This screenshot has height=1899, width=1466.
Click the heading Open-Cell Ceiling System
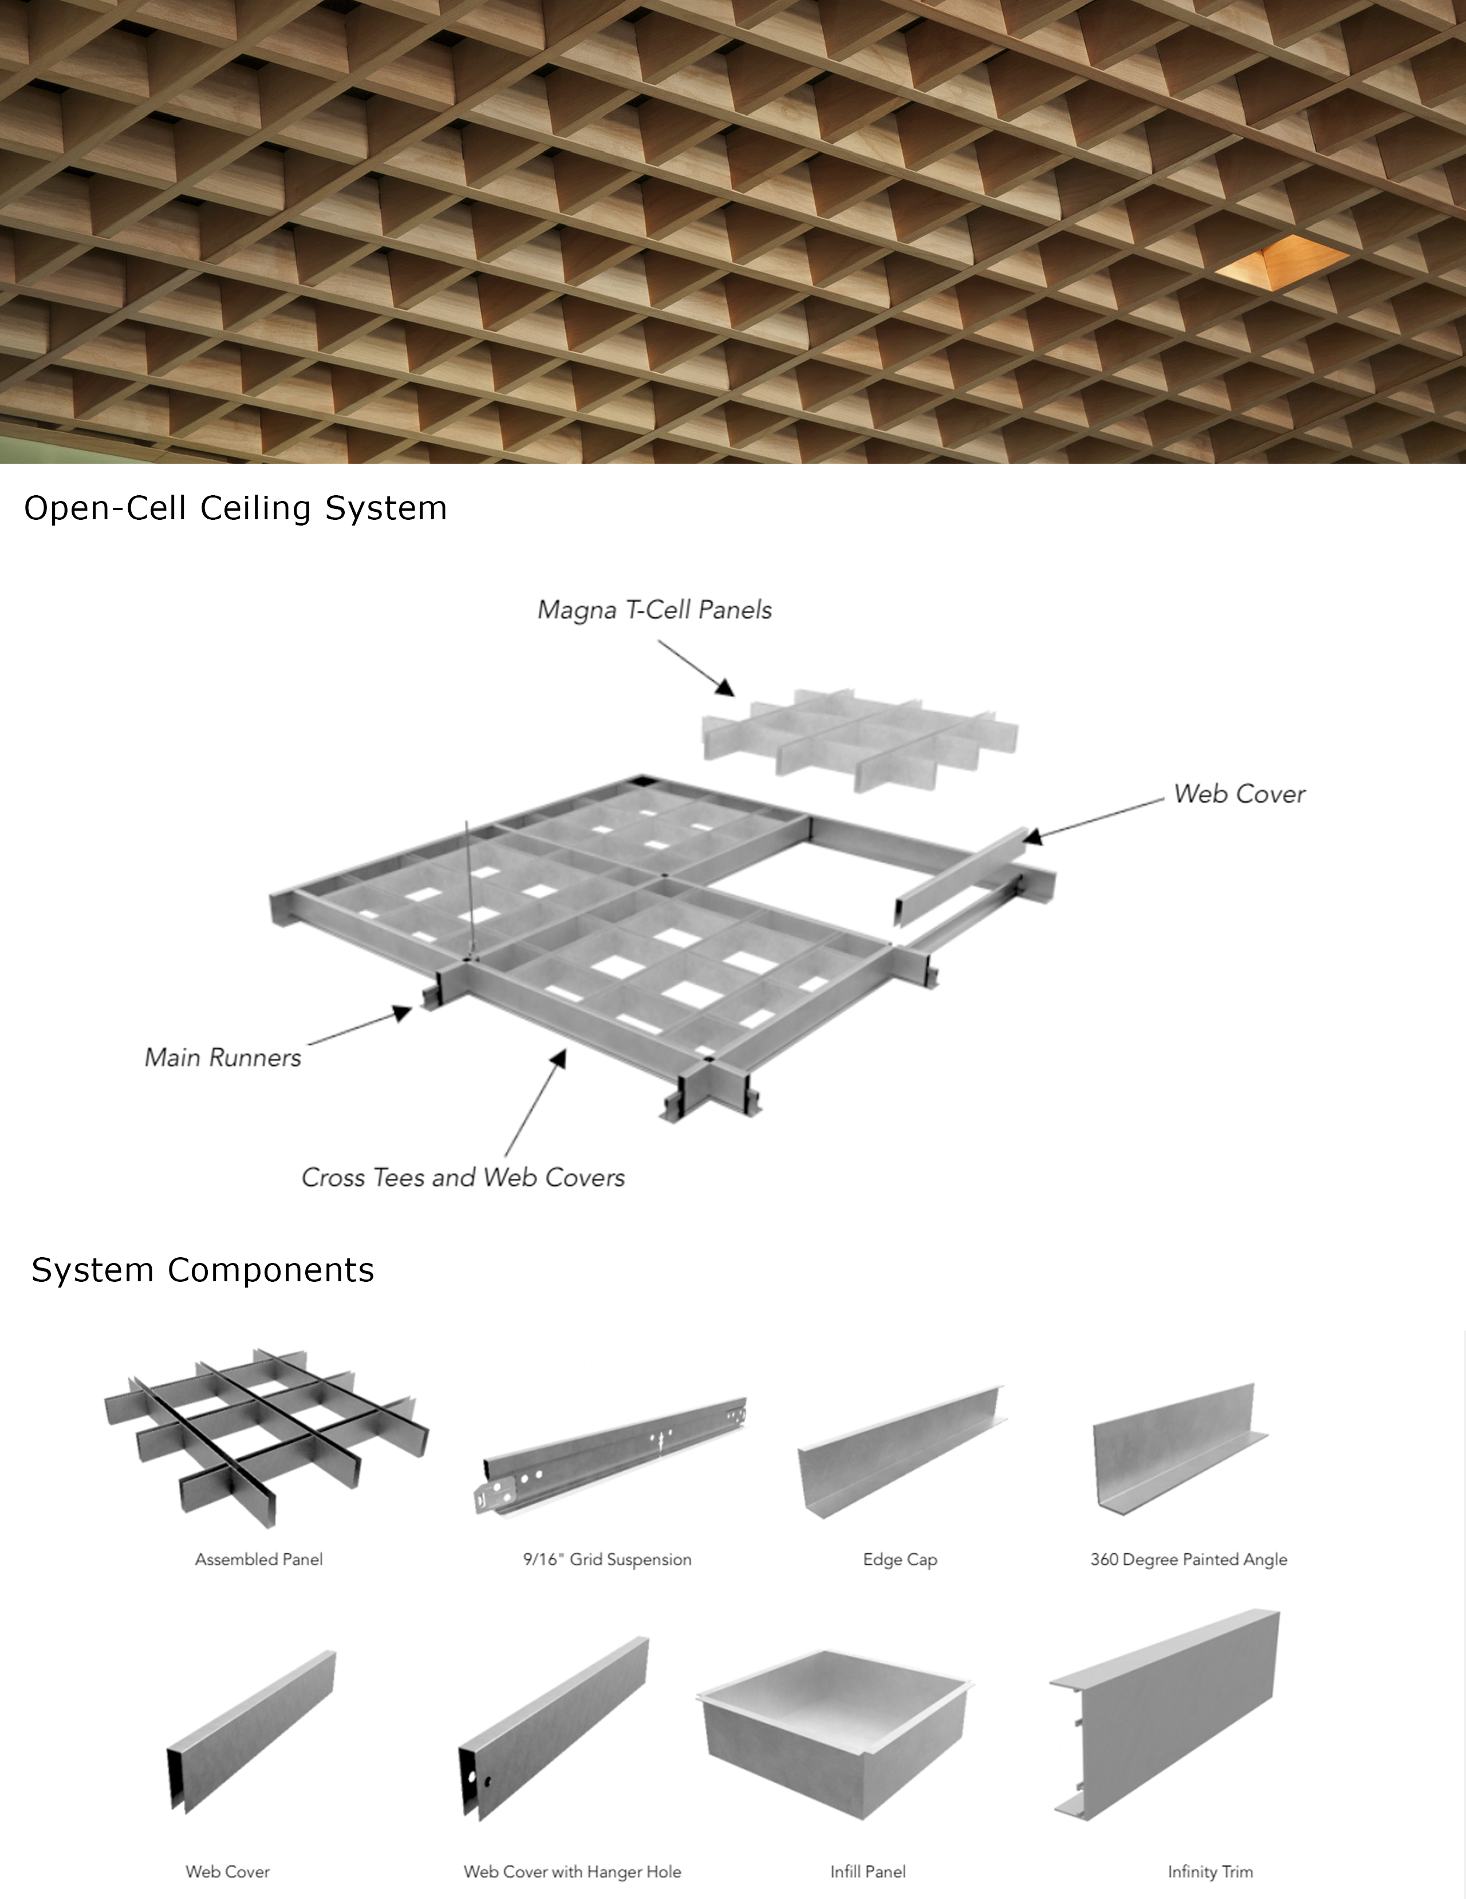pos(235,508)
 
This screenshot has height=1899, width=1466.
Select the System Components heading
pos(203,1270)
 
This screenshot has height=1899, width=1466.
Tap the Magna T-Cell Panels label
pos(655,610)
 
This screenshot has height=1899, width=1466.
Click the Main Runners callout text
pos(223,1058)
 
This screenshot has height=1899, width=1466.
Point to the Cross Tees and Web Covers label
pos(463,1177)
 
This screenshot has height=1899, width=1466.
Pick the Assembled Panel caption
pos(259,1559)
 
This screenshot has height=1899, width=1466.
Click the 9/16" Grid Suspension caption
pos(607,1559)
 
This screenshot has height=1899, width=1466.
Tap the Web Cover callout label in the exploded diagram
pos(1240,794)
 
